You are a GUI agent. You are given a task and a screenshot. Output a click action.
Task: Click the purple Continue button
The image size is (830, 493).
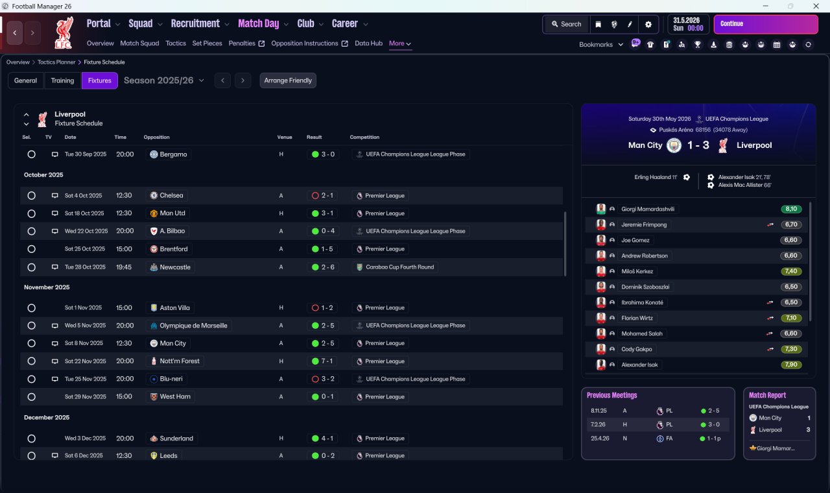(x=766, y=24)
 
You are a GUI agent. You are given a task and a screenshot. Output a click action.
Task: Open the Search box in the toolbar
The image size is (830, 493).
(x=567, y=24)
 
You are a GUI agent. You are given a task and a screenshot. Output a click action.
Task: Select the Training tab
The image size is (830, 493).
(x=62, y=80)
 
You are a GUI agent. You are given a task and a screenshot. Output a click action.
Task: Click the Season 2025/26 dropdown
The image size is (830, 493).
(x=164, y=80)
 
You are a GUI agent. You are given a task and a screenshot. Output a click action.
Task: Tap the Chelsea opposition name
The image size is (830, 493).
(x=171, y=195)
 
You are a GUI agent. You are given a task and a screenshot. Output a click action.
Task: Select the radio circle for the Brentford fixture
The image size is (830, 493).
(x=32, y=249)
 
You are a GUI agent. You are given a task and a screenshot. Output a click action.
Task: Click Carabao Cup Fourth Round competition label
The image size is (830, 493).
(x=399, y=267)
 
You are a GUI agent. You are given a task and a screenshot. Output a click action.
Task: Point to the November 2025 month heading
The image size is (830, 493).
(x=47, y=287)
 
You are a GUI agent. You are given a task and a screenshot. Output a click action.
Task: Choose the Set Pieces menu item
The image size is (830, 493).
(x=207, y=43)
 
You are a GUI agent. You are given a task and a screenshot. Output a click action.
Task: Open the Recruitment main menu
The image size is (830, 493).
(x=195, y=24)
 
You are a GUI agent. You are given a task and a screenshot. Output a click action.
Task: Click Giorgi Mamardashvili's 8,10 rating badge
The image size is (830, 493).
(x=791, y=209)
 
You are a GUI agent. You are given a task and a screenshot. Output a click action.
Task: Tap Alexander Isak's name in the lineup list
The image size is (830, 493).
(x=639, y=365)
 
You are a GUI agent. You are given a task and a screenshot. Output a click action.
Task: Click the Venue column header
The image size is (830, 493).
(x=285, y=137)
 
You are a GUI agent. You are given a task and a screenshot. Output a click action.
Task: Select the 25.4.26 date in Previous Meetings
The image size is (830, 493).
(x=600, y=439)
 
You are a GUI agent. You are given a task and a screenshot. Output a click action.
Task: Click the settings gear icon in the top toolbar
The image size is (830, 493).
(x=648, y=25)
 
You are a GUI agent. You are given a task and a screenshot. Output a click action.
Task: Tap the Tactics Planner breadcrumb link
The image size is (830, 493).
(x=56, y=62)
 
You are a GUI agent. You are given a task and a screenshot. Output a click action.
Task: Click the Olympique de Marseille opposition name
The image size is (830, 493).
(x=193, y=326)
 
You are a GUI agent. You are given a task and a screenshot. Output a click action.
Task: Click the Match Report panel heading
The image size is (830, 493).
(x=767, y=395)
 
